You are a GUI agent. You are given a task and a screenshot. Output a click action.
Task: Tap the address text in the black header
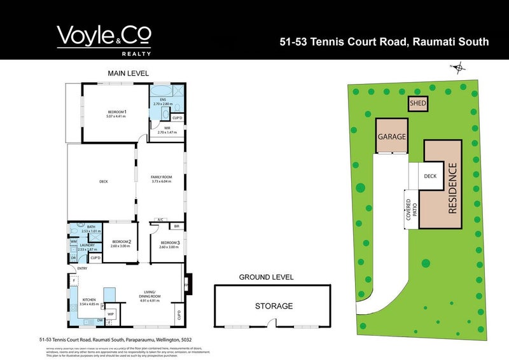point(384,42)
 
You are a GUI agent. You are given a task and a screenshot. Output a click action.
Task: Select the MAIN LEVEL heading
point(128,73)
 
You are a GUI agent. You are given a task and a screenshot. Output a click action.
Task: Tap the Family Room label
point(162,179)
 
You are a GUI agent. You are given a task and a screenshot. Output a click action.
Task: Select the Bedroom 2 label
point(121,243)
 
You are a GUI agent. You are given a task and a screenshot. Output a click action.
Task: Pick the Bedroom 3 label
point(170,243)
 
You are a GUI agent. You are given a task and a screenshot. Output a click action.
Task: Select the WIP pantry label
point(110,314)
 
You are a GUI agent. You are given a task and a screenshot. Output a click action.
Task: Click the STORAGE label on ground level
point(274,306)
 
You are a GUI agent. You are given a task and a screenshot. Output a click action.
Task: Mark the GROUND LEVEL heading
point(266,277)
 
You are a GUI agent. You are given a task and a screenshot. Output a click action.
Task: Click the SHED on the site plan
point(417,104)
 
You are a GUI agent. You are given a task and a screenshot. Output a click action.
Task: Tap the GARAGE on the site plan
point(392,137)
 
